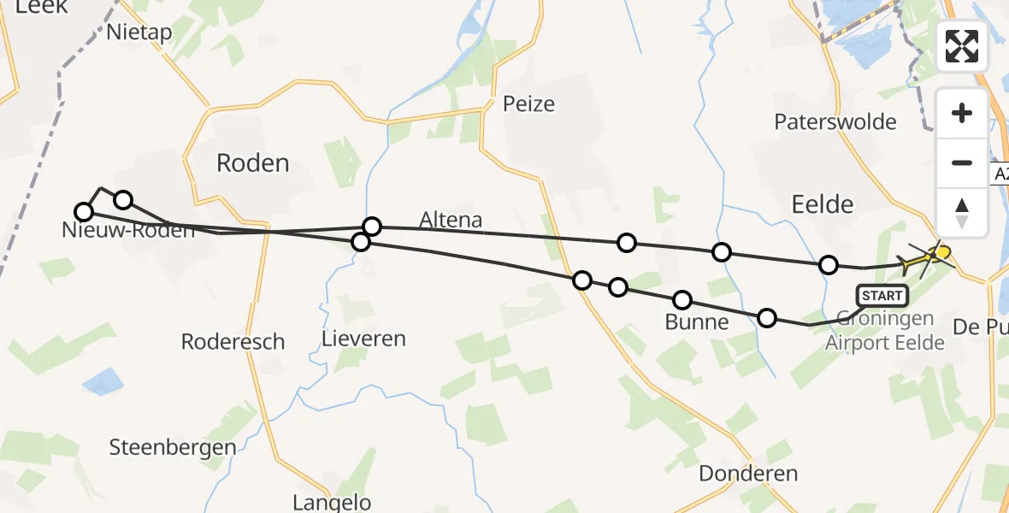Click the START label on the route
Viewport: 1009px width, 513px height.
click(882, 297)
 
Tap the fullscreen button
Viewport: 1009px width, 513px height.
click(962, 45)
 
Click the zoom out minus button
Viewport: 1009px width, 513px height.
click(962, 162)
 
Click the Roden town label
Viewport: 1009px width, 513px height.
click(252, 162)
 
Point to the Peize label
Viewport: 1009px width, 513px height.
click(528, 104)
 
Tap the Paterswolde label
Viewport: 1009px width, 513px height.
click(835, 121)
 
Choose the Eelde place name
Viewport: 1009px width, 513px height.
click(823, 203)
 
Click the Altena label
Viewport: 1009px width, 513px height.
click(451, 220)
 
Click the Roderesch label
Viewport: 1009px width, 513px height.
click(233, 342)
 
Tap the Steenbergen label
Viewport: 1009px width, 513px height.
click(173, 447)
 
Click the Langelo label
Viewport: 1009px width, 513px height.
click(332, 502)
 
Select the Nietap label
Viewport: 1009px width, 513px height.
click(139, 32)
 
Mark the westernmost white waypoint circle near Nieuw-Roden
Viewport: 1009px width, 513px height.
click(84, 212)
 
